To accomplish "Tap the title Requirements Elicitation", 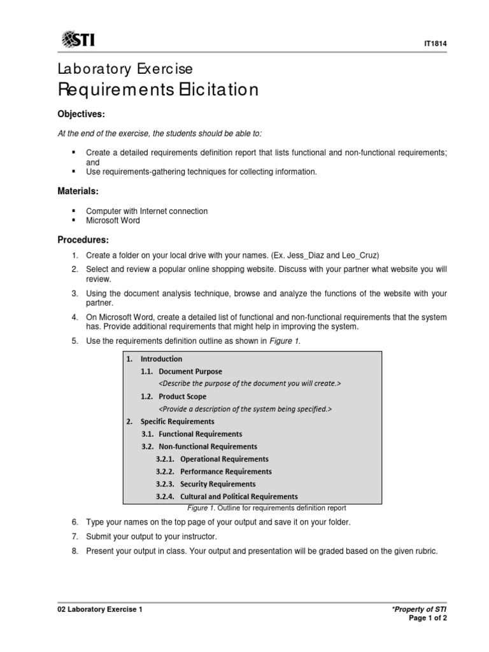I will click(x=158, y=90).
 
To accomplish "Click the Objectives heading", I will click(x=81, y=114).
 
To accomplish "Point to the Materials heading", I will click(x=78, y=191).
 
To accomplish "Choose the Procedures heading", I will click(x=83, y=240).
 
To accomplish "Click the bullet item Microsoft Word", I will click(x=113, y=220).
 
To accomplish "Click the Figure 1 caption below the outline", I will click(x=266, y=508).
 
